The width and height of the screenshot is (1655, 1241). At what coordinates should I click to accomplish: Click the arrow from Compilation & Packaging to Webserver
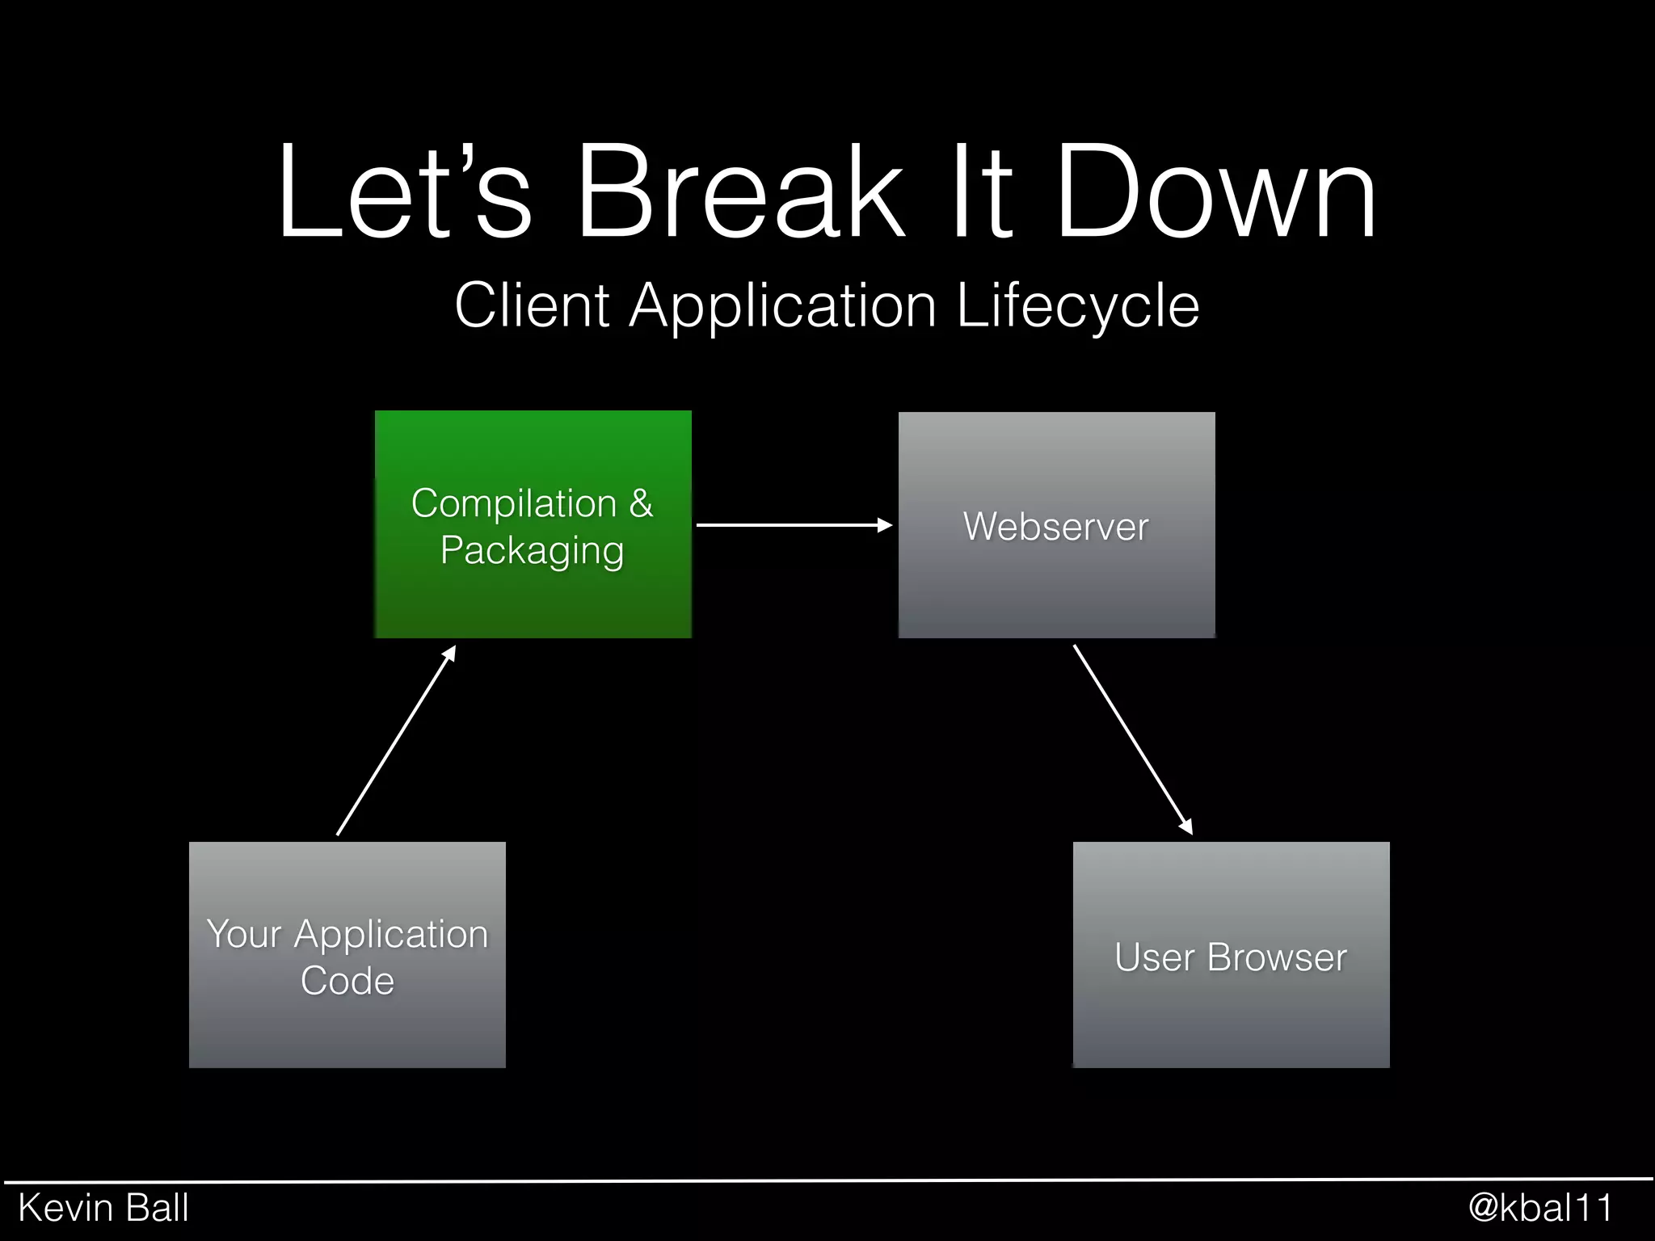794,525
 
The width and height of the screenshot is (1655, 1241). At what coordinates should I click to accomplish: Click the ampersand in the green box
641,503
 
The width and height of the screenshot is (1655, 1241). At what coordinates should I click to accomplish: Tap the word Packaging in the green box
532,551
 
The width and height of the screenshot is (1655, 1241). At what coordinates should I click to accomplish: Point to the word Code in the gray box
347,981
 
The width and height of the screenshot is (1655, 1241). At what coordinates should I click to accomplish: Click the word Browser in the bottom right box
1277,957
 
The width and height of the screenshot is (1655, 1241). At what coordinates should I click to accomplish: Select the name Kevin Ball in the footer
103,1209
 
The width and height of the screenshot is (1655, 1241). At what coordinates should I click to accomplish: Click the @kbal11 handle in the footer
1540,1209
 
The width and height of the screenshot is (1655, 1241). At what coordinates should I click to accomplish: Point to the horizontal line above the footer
827,1180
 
